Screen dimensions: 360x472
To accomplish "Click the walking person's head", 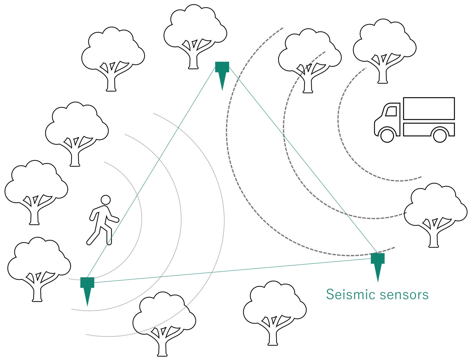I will click(106, 200).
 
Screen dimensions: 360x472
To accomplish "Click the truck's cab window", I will click(391, 111).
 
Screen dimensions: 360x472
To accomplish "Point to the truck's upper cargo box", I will click(429, 109).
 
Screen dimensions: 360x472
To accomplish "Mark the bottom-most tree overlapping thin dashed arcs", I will click(164, 323).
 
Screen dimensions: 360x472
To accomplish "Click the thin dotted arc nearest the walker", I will click(139, 203).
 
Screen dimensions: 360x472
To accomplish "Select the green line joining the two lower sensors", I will click(232, 270).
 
